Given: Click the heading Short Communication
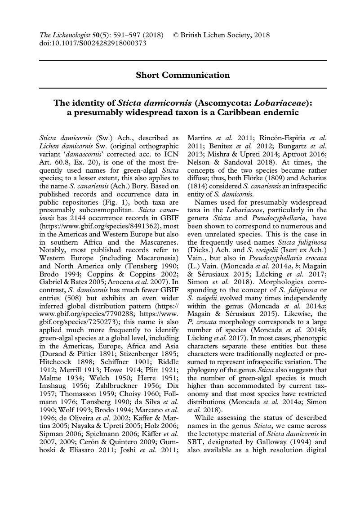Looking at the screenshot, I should [x=182, y=75].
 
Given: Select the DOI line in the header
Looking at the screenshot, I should [x=93, y=43].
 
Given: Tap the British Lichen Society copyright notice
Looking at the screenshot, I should [x=222, y=35].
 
